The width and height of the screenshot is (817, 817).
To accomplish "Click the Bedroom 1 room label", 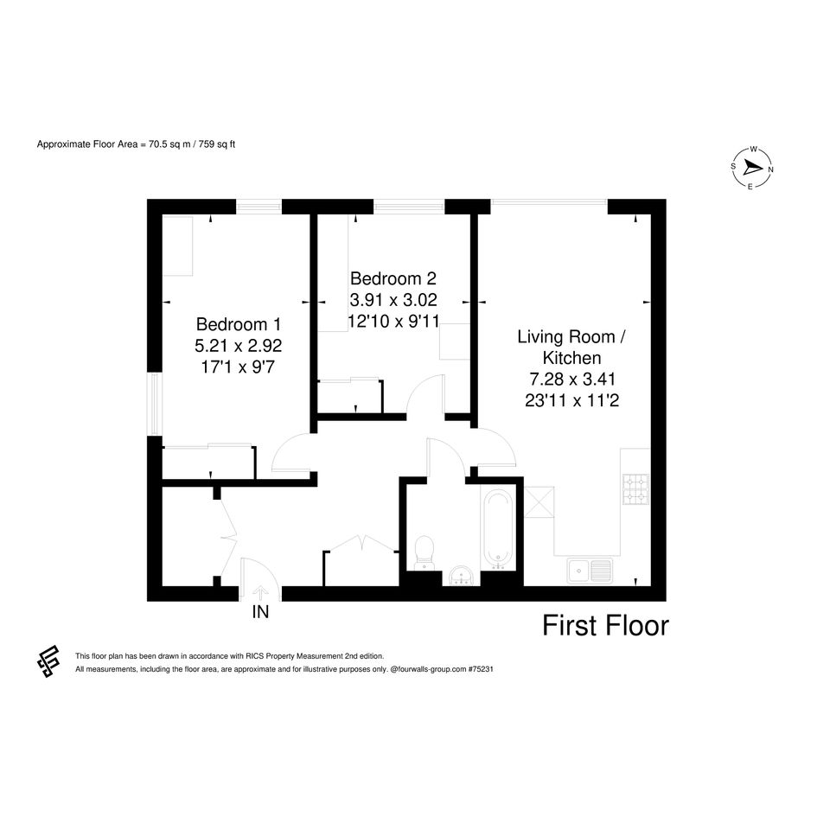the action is click(x=238, y=324).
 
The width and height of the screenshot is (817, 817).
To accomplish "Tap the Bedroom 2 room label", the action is click(x=393, y=278).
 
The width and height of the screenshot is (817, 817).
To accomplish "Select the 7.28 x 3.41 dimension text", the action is click(x=572, y=379).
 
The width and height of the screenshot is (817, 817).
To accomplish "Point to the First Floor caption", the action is click(x=605, y=626).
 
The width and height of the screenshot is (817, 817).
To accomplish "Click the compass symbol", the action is click(x=752, y=169).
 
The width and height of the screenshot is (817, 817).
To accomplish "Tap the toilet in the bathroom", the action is click(x=424, y=552).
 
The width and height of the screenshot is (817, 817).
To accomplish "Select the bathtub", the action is click(x=496, y=529).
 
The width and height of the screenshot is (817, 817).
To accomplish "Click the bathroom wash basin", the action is click(x=461, y=577).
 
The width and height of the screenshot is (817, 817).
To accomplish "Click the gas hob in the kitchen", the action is click(x=635, y=490).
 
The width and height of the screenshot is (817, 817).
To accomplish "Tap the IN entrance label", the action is click(x=260, y=612).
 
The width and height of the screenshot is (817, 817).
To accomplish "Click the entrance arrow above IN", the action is click(x=260, y=593).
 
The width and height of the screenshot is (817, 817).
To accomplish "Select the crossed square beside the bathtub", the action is click(x=539, y=502).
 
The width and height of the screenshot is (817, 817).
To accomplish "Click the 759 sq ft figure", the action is click(x=217, y=144).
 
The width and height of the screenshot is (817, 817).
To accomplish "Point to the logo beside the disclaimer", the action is click(x=48, y=661).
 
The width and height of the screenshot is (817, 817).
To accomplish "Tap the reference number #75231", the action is click(x=481, y=669).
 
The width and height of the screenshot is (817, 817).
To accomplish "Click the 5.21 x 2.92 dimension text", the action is click(x=238, y=346).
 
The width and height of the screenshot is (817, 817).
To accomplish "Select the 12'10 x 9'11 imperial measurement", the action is click(x=393, y=321).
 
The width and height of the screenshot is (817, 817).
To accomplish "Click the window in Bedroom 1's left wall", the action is click(x=154, y=403).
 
